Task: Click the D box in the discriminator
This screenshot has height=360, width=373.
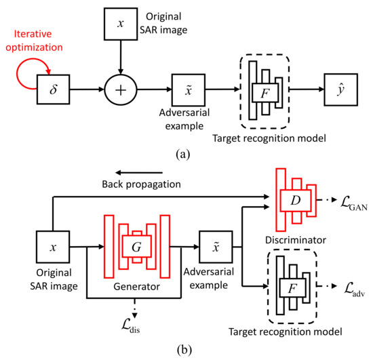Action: point(296,201)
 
